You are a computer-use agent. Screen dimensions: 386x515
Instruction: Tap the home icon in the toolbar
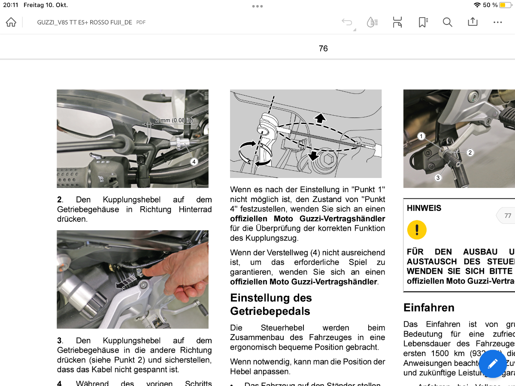pos(11,22)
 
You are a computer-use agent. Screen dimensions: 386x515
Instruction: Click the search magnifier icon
pos(448,22)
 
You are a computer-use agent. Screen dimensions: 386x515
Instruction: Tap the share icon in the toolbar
pos(473,22)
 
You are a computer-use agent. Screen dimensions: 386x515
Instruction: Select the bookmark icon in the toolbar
pos(423,22)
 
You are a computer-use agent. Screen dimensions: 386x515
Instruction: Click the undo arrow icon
pos(347,22)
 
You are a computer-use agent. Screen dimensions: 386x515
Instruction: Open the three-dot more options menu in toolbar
pos(497,22)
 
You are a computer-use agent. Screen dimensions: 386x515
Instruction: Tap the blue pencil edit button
pos(493,364)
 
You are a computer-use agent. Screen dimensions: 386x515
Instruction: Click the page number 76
pos(323,48)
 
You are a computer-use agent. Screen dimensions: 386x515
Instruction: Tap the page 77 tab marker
pos(507,216)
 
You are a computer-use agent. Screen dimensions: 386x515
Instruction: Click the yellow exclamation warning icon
pos(417,230)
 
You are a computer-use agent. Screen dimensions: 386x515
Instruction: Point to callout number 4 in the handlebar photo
pos(194,162)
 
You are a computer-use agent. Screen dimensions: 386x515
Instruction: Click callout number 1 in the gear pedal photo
pos(421,136)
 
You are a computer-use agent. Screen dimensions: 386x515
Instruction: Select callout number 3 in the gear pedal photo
pos(438,178)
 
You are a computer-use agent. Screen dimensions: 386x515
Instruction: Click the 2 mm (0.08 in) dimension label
pos(174,121)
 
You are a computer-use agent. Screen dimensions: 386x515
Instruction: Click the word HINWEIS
pos(424,208)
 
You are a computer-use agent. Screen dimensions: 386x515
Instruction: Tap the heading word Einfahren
pos(429,308)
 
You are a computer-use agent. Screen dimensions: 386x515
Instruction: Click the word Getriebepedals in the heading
pos(270,311)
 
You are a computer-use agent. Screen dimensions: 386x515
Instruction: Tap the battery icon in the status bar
pos(505,5)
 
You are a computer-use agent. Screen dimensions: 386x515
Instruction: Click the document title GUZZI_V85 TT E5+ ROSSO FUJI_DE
pos(85,22)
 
